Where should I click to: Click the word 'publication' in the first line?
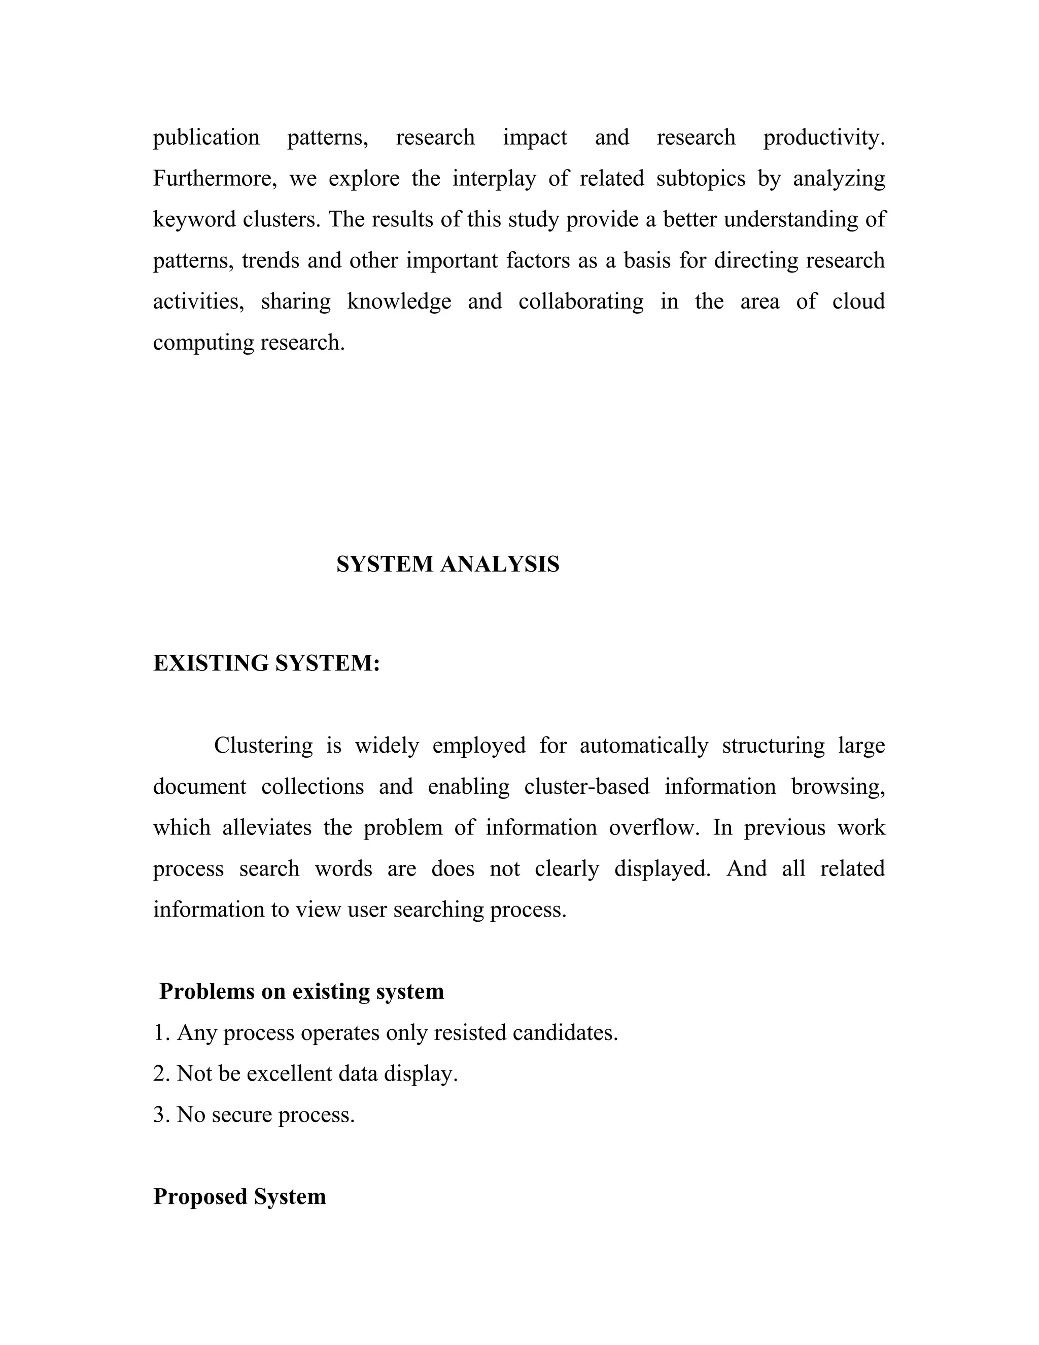[206, 138]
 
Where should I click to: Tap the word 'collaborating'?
[580, 302]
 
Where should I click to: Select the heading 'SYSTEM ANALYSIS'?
[447, 564]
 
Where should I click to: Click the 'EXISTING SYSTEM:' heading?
[266, 663]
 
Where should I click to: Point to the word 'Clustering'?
[263, 746]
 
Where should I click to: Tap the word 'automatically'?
[644, 746]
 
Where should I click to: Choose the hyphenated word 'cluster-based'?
[586, 787]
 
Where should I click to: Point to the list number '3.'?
[161, 1115]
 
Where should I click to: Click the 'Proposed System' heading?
[239, 1197]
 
